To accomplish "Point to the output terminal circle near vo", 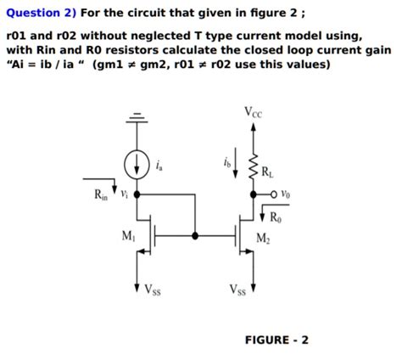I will (x=274, y=194).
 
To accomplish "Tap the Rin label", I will (x=101, y=197).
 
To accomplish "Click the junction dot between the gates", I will (x=198, y=235).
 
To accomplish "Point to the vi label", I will (x=124, y=194).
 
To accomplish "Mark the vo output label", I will (x=288, y=194).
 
